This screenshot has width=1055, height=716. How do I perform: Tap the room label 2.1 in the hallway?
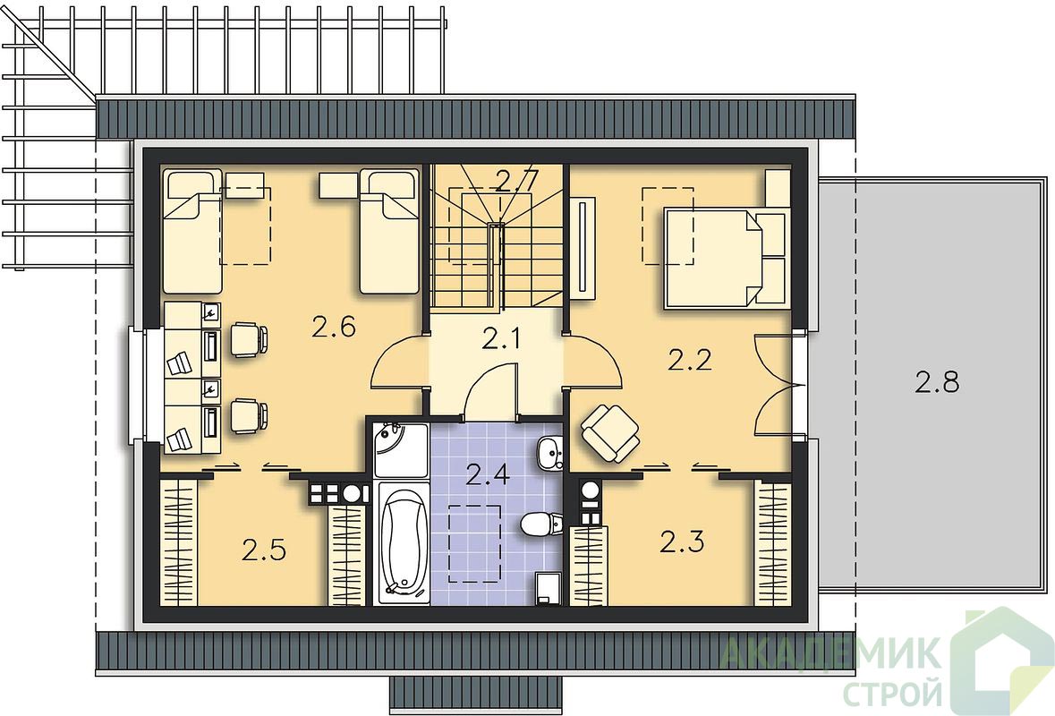click(501, 339)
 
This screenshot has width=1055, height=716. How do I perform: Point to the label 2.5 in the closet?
click(265, 550)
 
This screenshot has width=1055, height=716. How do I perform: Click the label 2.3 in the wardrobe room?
click(682, 541)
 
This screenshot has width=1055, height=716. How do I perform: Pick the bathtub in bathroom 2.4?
click(403, 542)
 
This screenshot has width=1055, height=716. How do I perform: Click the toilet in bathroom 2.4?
click(540, 524)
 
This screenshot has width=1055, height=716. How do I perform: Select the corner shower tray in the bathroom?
click(401, 450)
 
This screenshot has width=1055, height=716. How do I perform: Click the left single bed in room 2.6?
click(192, 231)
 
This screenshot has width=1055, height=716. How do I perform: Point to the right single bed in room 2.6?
click(389, 231)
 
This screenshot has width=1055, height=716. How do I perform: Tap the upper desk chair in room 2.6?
click(250, 338)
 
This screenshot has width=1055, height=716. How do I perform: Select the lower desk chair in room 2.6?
click(250, 416)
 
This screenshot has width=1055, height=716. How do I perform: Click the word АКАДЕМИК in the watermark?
click(831, 652)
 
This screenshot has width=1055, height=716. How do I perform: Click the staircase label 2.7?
click(516, 181)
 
